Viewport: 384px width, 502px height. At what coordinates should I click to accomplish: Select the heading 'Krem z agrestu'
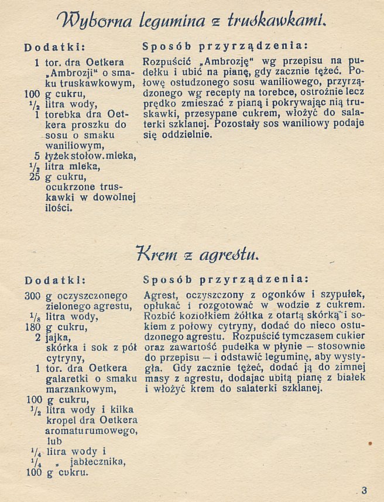point(196,254)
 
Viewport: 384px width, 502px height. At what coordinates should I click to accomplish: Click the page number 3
point(364,490)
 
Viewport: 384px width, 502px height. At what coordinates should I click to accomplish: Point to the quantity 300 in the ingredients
point(32,296)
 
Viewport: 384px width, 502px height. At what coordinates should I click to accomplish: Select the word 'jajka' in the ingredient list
point(59,338)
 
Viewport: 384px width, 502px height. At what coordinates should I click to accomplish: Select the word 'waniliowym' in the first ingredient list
point(70,145)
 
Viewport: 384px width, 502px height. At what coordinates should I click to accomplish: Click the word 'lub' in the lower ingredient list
point(53,441)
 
